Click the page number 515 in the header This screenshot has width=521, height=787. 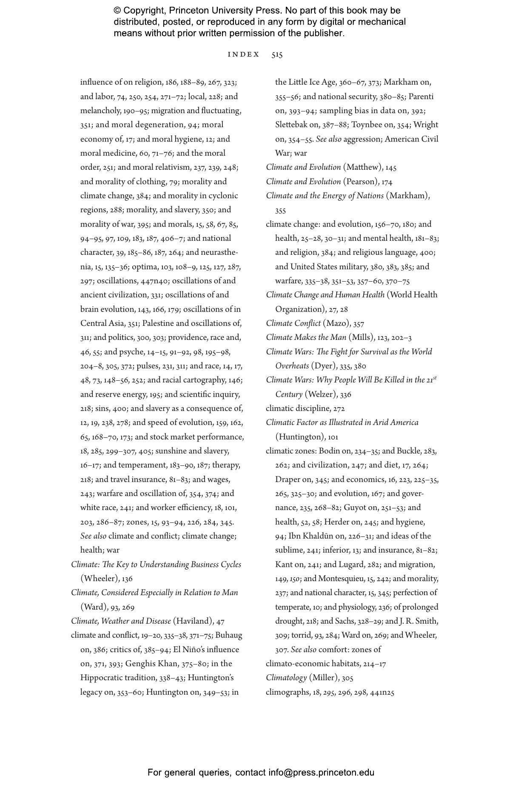point(277,54)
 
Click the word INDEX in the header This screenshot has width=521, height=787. point(243,54)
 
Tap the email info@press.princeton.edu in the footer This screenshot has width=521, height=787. point(321,773)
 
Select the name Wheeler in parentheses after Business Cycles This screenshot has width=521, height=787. point(99,579)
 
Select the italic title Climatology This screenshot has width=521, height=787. point(286,678)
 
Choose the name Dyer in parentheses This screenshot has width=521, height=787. point(323,366)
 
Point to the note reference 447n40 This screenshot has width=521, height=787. point(154,281)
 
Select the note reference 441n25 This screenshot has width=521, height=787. point(382,692)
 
